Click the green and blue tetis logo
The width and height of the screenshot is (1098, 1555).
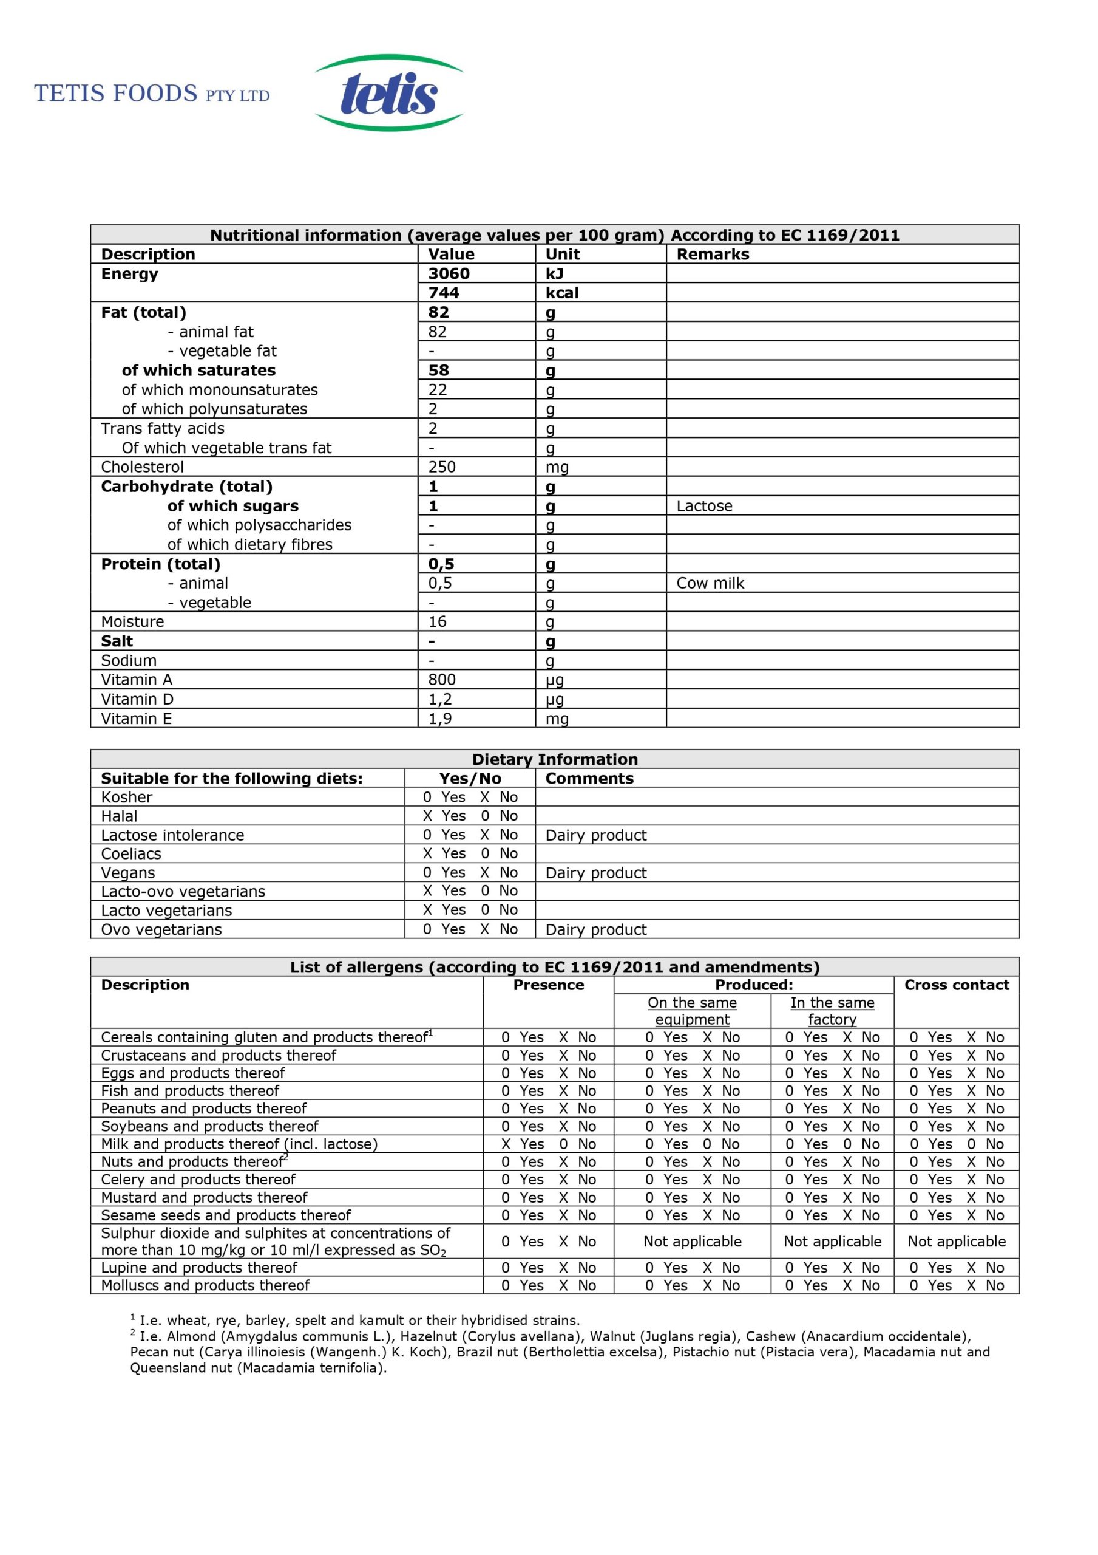point(388,93)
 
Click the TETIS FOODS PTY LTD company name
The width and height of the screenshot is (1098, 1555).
point(152,94)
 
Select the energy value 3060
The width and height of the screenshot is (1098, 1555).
point(448,273)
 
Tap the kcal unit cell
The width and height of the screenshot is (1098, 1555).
point(562,293)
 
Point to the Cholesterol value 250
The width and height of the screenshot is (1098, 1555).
point(441,466)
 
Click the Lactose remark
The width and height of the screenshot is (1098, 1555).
point(704,506)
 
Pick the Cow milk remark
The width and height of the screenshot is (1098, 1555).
point(710,583)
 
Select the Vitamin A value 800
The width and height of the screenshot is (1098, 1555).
point(441,679)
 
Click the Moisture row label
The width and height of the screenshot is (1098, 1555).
point(133,622)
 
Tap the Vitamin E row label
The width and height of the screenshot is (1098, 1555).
point(136,719)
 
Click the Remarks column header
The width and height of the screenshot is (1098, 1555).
point(713,255)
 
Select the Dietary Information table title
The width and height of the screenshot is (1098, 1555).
point(554,759)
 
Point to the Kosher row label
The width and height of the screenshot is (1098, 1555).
point(127,797)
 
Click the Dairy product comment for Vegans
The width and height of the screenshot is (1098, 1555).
point(595,873)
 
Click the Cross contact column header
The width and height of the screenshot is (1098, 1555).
point(956,985)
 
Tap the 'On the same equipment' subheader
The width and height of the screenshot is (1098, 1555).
point(692,1011)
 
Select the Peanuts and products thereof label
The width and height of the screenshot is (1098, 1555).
point(203,1109)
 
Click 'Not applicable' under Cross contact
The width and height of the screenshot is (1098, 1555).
point(956,1242)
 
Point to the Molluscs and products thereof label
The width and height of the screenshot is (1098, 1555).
point(205,1285)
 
